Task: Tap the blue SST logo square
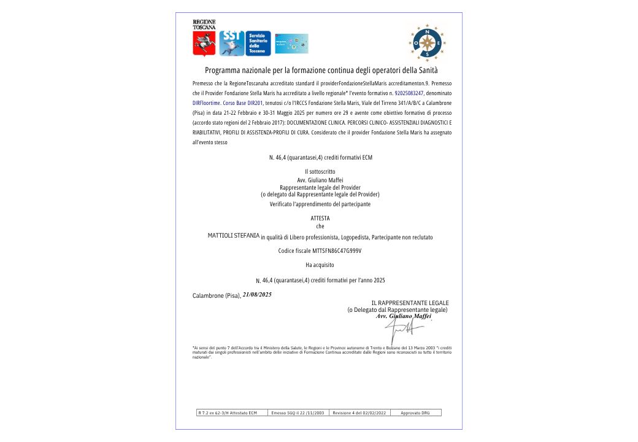tap(232, 44)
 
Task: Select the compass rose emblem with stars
tap(427, 42)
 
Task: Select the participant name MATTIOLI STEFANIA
tap(234, 236)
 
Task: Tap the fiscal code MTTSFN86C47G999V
tap(337, 250)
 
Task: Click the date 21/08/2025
tap(257, 295)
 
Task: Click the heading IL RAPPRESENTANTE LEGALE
tap(410, 303)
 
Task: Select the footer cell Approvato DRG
tap(415, 413)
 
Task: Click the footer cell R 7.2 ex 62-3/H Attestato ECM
tap(231, 413)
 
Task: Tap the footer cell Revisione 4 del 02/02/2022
tap(359, 413)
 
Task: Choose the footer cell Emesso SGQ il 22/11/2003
tap(298, 413)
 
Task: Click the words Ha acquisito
tap(320, 265)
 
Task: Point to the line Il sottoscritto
tap(320, 171)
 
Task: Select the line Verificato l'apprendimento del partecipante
tap(320, 203)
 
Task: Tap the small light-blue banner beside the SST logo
tap(291, 44)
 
